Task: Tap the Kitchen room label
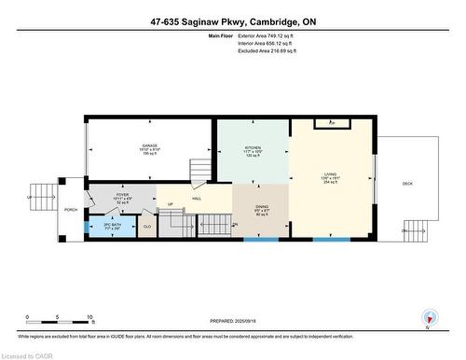tap(254, 148)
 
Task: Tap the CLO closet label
tap(146, 226)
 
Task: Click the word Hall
tap(197, 199)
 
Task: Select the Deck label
tap(407, 184)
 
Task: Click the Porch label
tap(71, 210)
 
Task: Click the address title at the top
tap(232, 21)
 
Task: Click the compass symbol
tap(429, 318)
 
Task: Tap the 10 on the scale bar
tap(90, 318)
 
